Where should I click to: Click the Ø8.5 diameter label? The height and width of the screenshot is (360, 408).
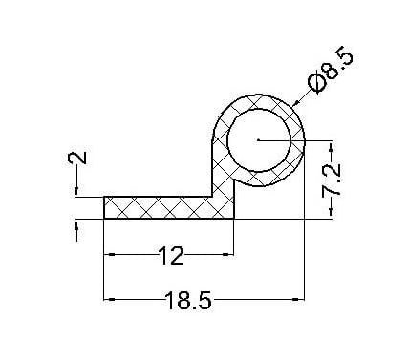331,71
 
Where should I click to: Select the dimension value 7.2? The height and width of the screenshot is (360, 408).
332,180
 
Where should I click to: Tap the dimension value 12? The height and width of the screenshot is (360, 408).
171,256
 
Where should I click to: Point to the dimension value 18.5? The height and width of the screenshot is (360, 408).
188,301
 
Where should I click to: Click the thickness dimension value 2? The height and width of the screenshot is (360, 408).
77,158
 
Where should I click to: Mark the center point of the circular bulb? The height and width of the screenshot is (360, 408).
259,139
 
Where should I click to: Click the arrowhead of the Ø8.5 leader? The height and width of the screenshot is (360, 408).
295,103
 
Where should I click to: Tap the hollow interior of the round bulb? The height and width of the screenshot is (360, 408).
259,140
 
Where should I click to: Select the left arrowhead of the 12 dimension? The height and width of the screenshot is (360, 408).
109,254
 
